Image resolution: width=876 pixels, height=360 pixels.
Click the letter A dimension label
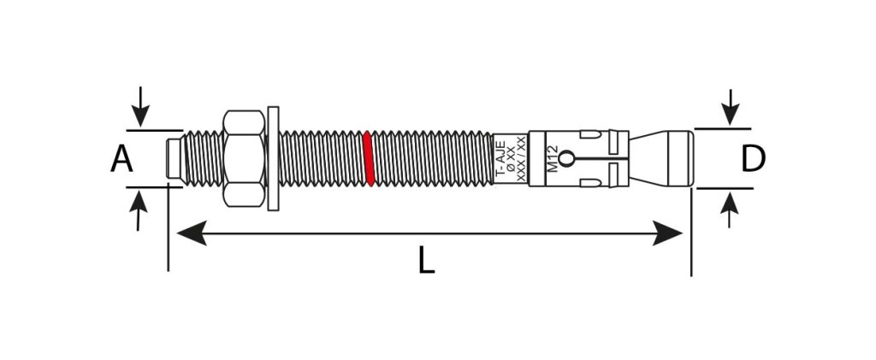coord(121,158)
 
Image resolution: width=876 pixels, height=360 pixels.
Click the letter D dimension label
coord(753,158)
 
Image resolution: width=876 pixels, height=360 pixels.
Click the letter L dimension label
coord(426,261)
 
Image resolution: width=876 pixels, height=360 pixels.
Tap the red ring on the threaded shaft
coord(368,158)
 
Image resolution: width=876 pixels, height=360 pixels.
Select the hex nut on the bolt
coord(244,158)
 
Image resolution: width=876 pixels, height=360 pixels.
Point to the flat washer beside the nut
coord(273,158)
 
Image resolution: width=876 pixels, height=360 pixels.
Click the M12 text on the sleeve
coord(552,158)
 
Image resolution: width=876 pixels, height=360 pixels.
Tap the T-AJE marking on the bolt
coord(501,158)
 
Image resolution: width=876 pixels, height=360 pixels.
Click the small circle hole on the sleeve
coord(566,158)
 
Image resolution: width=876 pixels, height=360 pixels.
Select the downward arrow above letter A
coord(140,106)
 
